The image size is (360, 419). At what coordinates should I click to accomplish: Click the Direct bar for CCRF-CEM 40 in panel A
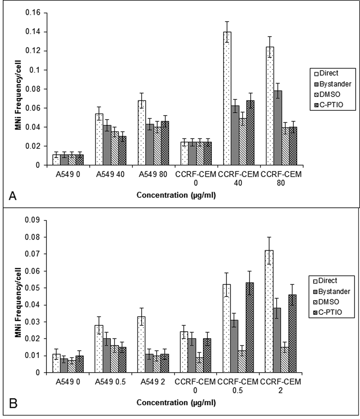pyautogui.click(x=227, y=98)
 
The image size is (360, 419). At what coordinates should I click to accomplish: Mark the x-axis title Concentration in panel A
pyautogui.click(x=176, y=195)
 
